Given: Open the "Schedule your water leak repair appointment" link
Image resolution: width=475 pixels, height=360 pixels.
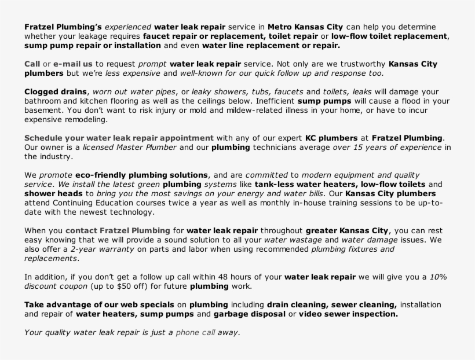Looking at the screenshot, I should pyautogui.click(x=119, y=138).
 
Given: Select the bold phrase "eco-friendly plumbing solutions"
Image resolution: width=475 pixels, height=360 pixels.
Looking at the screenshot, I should pyautogui.click(x=142, y=175).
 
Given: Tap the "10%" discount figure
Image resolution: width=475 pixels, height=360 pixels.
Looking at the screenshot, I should pyautogui.click(x=438, y=277).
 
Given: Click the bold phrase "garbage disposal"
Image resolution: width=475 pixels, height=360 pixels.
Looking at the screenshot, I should pyautogui.click(x=249, y=314).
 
